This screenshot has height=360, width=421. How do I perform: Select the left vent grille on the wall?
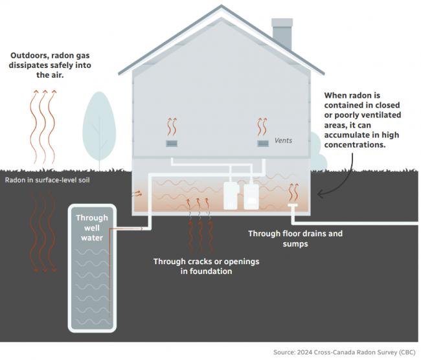click(x=172, y=143)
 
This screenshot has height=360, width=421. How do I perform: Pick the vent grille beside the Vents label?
click(x=263, y=143)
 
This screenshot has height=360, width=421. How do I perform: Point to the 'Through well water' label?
click(x=92, y=228)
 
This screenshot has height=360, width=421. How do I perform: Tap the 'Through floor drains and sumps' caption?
click(x=295, y=239)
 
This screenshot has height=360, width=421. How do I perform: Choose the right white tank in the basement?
click(x=251, y=195)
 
